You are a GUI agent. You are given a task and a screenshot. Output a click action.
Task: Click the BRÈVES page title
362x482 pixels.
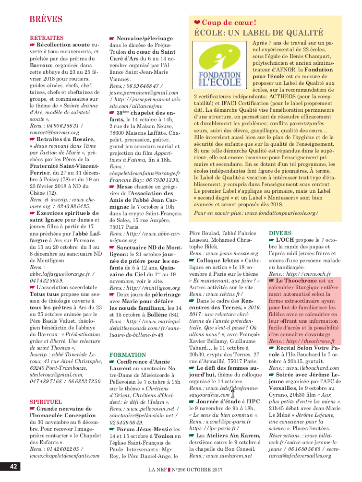coord(46,19)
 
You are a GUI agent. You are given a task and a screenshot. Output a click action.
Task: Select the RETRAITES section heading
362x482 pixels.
coord(47,37)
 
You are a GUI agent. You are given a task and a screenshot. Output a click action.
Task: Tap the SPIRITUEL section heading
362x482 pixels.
coord(46,401)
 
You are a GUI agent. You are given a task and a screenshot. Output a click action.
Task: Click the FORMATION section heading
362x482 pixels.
coord(127,355)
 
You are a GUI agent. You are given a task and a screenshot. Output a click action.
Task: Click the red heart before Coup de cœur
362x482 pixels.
coord(197,23)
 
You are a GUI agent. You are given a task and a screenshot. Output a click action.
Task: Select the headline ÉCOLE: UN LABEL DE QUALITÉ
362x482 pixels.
coord(258,33)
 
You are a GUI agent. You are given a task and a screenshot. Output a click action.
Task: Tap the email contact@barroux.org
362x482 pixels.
coord(55,132)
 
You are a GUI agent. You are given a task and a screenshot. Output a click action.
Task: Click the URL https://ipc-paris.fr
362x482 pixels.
coord(214,428)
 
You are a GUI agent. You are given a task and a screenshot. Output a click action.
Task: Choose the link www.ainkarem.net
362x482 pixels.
coord(229,456)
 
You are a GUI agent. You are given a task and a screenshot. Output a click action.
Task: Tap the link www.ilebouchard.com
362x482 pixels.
coord(319,367)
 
